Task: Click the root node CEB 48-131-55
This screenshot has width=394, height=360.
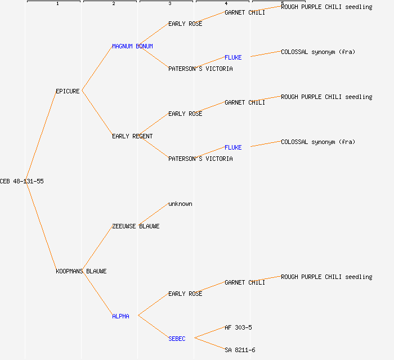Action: (22, 181)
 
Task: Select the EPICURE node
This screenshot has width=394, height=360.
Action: (68, 91)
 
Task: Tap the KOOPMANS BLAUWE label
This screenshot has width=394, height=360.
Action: (81, 271)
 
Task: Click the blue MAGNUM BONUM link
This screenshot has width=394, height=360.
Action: (132, 46)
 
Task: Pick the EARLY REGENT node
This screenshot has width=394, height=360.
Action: (132, 136)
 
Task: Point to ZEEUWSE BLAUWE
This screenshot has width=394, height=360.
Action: (136, 226)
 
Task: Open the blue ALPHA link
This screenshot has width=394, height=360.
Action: (120, 316)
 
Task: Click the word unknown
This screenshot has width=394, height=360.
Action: (180, 204)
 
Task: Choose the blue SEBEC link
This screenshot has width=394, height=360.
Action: (177, 339)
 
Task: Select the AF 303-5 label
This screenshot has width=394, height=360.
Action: (238, 327)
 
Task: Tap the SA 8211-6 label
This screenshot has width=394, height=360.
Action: (240, 350)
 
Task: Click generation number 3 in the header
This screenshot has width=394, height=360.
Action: (170, 4)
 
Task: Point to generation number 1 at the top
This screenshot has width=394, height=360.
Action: (57, 4)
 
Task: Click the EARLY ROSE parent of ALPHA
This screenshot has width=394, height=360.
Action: (185, 294)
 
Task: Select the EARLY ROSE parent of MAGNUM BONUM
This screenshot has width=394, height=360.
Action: (185, 24)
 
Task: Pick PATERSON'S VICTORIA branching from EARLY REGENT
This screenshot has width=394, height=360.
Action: (200, 159)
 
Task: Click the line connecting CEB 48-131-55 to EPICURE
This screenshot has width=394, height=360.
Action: (41, 136)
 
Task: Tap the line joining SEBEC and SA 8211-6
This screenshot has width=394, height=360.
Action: (209, 344)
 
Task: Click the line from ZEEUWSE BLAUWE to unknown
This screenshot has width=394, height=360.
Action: (153, 214)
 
